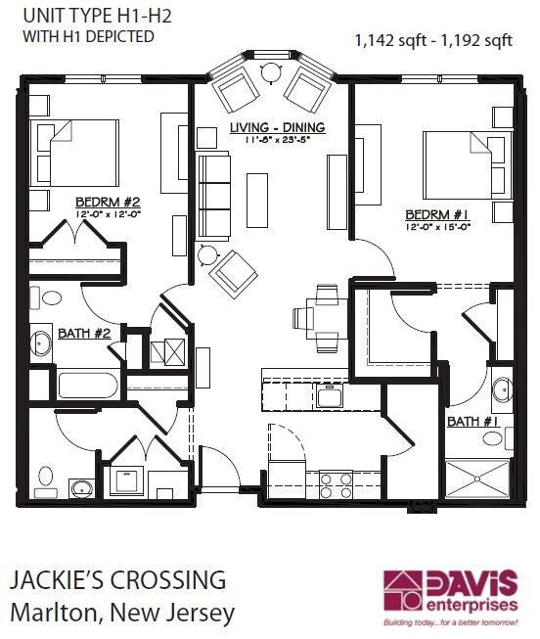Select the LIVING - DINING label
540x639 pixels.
(x=277, y=128)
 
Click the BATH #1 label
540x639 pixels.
(x=474, y=422)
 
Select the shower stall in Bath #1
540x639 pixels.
(x=477, y=480)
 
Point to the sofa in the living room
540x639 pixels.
(x=213, y=195)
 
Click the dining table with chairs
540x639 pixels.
(x=319, y=317)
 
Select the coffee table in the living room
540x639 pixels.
(x=257, y=199)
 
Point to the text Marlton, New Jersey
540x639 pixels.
(x=122, y=614)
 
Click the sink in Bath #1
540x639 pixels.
(x=502, y=388)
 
